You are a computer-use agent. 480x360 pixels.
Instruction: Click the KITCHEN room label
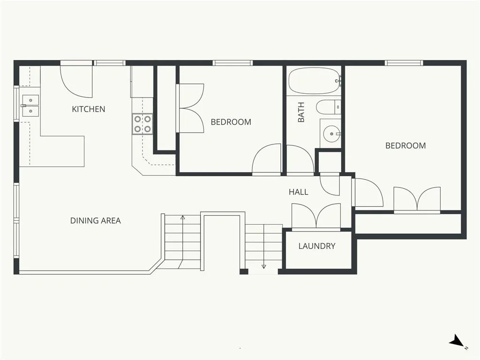[89, 109]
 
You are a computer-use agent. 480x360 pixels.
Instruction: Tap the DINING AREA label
[96, 220]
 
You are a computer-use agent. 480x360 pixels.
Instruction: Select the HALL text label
[299, 192]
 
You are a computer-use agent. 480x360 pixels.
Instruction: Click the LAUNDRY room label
[317, 246]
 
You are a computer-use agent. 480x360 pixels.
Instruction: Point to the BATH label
[301, 112]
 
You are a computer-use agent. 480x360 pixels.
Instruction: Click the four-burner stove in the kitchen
[142, 124]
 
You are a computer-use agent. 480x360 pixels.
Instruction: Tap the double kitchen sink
[30, 105]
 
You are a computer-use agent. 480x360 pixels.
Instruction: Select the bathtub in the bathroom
[315, 81]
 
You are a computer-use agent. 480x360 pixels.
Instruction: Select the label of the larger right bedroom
[405, 145]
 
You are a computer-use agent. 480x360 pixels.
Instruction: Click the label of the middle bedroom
[231, 122]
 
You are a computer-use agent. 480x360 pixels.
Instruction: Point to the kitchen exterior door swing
[76, 81]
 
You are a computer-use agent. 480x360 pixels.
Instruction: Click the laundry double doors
[316, 216]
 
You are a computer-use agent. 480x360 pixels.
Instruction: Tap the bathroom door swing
[300, 159]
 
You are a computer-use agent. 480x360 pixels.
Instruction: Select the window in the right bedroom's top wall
[404, 63]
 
